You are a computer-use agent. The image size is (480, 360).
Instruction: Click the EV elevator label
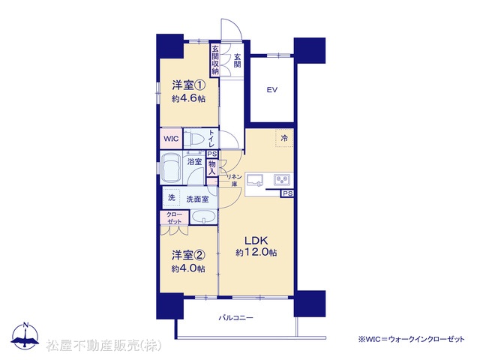[x=271, y=90]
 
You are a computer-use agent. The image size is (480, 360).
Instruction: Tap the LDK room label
[x=256, y=240]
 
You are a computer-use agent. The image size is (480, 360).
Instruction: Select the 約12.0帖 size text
[x=256, y=252]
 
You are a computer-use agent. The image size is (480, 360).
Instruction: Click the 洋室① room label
[x=188, y=85]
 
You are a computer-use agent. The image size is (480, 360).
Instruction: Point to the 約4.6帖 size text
[x=188, y=98]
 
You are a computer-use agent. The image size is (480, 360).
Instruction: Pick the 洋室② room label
[x=188, y=255]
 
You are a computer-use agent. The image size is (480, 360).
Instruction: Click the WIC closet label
[x=171, y=139]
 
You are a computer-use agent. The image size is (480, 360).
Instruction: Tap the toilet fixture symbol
[x=196, y=139]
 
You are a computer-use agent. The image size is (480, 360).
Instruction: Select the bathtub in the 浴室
[x=171, y=167]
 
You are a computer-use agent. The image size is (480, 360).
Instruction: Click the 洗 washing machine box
[x=172, y=197]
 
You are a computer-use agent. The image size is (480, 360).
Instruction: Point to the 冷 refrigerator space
[x=284, y=138]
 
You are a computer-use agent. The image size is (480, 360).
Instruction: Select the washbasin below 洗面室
[x=203, y=217]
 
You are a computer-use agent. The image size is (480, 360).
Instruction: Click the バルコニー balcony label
[x=235, y=318]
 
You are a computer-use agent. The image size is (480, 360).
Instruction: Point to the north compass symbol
[x=25, y=336]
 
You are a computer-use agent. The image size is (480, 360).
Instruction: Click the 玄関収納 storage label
[x=215, y=60]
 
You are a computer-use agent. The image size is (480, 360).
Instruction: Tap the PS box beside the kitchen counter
[x=287, y=193]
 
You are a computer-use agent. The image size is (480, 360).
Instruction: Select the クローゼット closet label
[x=175, y=218]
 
